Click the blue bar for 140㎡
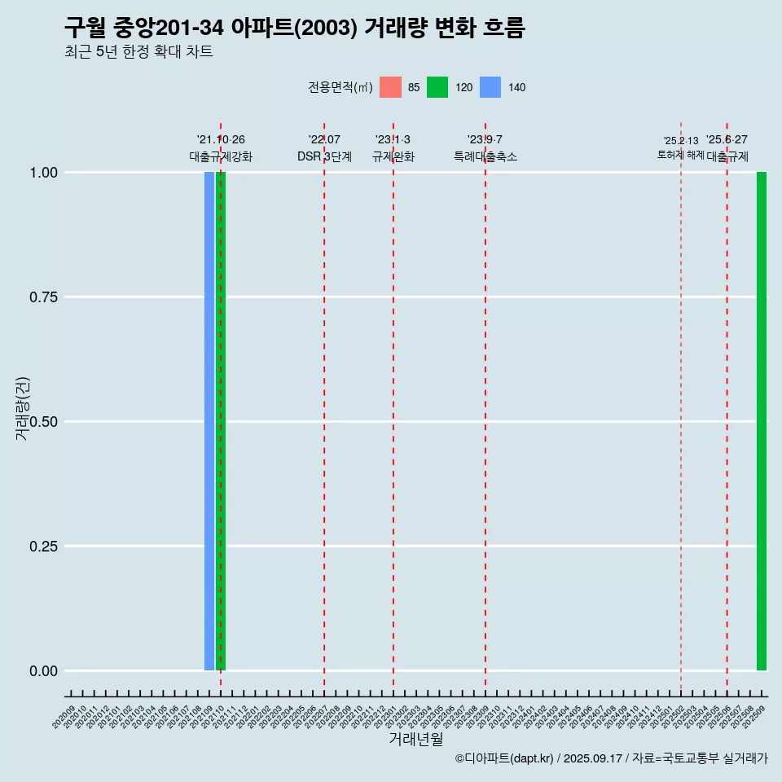209,421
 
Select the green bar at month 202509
762,421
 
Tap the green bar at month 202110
221,421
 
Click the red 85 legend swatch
391,87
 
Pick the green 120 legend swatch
437,87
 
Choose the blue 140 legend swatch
490,87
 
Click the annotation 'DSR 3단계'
324,156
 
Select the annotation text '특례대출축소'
485,156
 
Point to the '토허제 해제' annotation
681,155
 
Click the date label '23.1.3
393,140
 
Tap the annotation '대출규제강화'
221,156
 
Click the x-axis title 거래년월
416,740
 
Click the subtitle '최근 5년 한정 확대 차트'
138,52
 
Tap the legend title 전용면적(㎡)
340,87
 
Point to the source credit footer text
612,759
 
